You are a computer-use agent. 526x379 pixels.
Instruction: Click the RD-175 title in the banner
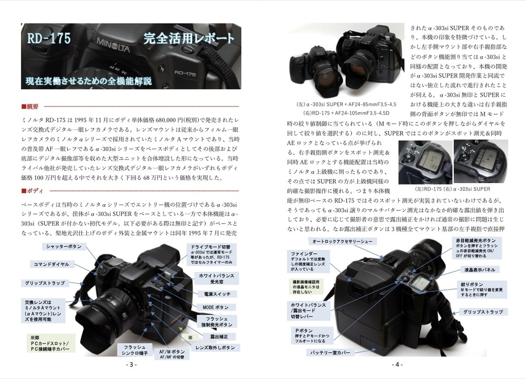coord(49,38)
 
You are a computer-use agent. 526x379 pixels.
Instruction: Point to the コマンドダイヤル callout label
coord(51,264)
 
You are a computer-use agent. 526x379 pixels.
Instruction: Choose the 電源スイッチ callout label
coord(217,294)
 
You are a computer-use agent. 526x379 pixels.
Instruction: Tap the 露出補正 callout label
coord(219,336)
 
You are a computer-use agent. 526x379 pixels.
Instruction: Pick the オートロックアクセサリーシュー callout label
coord(342,241)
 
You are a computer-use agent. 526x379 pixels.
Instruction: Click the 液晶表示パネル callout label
coord(480,269)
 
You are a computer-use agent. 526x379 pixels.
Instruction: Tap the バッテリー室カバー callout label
coord(329,353)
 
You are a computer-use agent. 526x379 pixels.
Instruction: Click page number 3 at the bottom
coord(131,365)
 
